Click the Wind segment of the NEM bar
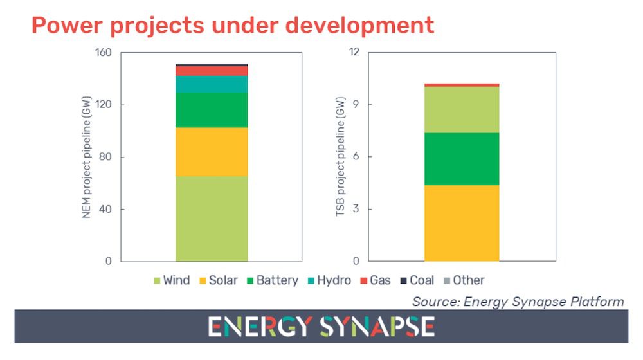tap(212, 219)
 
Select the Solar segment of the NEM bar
tap(212, 152)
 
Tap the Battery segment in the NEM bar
tap(212, 110)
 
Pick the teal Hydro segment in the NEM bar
tap(212, 84)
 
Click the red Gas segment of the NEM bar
tap(212, 71)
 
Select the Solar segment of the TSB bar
tap(462, 223)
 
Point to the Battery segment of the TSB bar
tap(462, 159)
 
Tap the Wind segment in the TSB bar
tap(462, 110)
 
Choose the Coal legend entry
tap(416, 280)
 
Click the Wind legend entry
tap(170, 280)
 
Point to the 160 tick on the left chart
tap(104, 53)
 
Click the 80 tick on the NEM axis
tap(106, 157)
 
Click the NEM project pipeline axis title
tap(87, 157)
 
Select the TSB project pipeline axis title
tap(341, 157)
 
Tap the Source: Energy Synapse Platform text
tap(518, 301)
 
